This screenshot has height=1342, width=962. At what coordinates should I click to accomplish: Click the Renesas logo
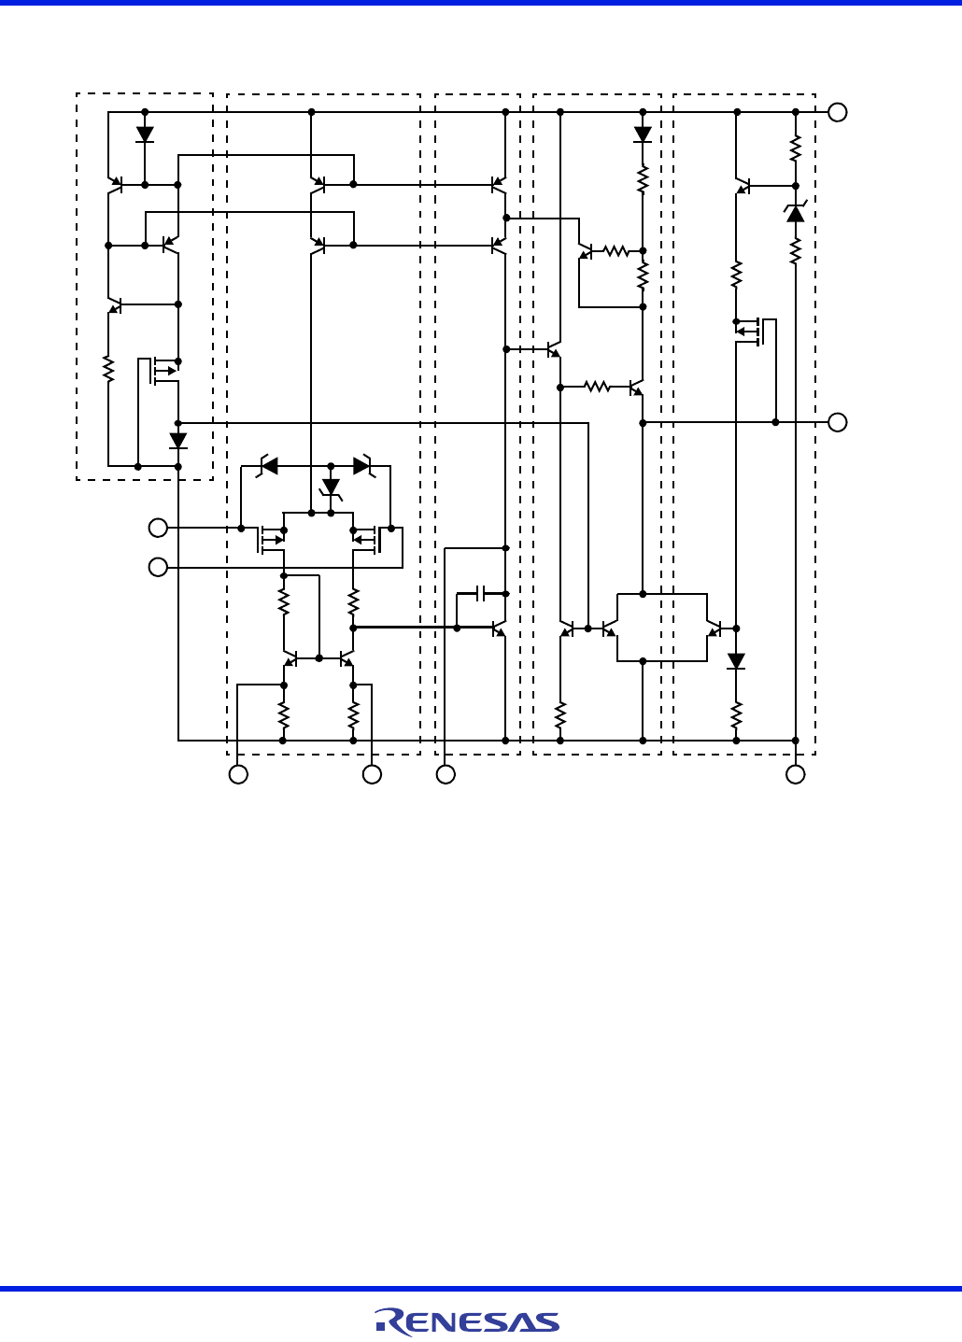[467, 1321]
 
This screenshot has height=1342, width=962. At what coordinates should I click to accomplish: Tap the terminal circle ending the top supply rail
[838, 112]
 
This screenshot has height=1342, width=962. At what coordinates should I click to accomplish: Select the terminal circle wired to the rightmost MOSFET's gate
[838, 422]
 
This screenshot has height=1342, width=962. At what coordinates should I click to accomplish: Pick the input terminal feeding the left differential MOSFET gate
[159, 528]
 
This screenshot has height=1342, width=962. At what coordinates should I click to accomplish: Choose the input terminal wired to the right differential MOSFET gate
[159, 567]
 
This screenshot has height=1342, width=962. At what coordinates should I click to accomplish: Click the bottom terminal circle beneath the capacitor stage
[446, 774]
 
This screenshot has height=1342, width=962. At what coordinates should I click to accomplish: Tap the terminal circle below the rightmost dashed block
[795, 774]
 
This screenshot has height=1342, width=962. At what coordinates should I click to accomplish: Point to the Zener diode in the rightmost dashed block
[796, 214]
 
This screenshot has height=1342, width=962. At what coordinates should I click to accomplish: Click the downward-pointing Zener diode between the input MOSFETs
[331, 487]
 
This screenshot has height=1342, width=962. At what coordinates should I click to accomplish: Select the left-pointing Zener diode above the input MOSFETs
[269, 465]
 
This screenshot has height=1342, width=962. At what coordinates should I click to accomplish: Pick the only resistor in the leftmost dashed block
[108, 369]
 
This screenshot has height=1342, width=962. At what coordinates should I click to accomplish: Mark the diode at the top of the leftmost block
[145, 134]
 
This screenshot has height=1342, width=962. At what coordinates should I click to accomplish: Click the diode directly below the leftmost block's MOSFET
[178, 440]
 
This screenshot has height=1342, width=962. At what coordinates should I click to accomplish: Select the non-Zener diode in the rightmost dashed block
[736, 661]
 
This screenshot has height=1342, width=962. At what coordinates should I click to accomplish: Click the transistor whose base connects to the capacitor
[499, 628]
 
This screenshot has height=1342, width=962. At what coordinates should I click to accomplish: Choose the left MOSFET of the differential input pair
[271, 539]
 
